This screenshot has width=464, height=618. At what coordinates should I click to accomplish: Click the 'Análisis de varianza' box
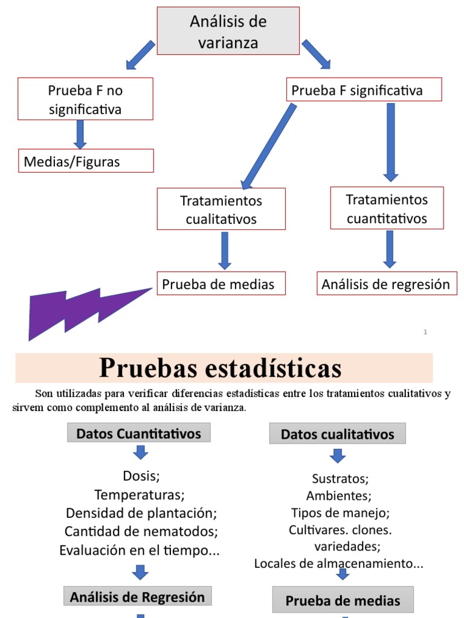(228, 31)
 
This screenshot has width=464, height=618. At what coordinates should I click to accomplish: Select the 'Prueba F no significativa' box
(85, 99)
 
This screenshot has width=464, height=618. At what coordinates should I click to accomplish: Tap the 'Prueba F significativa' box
(364, 91)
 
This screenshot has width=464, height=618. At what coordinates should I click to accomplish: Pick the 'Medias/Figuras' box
(85, 161)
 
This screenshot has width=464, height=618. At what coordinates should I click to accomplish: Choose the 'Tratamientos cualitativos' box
(221, 209)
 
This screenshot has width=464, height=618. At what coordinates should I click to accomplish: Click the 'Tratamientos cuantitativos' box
(387, 208)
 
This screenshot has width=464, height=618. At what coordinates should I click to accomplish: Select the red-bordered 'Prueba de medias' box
(221, 284)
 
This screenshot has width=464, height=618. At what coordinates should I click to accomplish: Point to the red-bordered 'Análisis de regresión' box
(386, 284)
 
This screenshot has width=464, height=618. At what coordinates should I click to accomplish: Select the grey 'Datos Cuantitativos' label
(138, 433)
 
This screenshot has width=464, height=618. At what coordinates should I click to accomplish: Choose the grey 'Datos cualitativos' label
(338, 434)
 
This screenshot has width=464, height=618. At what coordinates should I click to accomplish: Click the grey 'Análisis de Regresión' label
(138, 597)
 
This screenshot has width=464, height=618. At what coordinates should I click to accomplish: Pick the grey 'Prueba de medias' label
(343, 600)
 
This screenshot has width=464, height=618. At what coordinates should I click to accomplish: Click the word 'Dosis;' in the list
(141, 476)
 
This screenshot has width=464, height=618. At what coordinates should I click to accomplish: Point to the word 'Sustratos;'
(340, 479)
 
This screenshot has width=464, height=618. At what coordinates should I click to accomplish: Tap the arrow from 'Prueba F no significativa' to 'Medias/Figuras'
(80, 134)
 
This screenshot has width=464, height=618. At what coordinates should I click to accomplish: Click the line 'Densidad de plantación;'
(141, 513)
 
